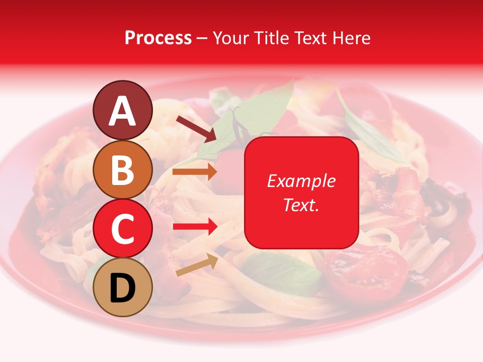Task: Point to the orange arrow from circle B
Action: pyautogui.click(x=195, y=172)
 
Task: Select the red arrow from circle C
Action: pyautogui.click(x=195, y=226)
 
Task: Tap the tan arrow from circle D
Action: pyautogui.click(x=197, y=265)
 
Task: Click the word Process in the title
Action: pyautogui.click(x=158, y=38)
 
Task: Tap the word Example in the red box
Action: pyautogui.click(x=301, y=181)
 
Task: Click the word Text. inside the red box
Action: pyautogui.click(x=301, y=205)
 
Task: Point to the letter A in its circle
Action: pyautogui.click(x=122, y=112)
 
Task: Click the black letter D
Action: pyautogui.click(x=122, y=288)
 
